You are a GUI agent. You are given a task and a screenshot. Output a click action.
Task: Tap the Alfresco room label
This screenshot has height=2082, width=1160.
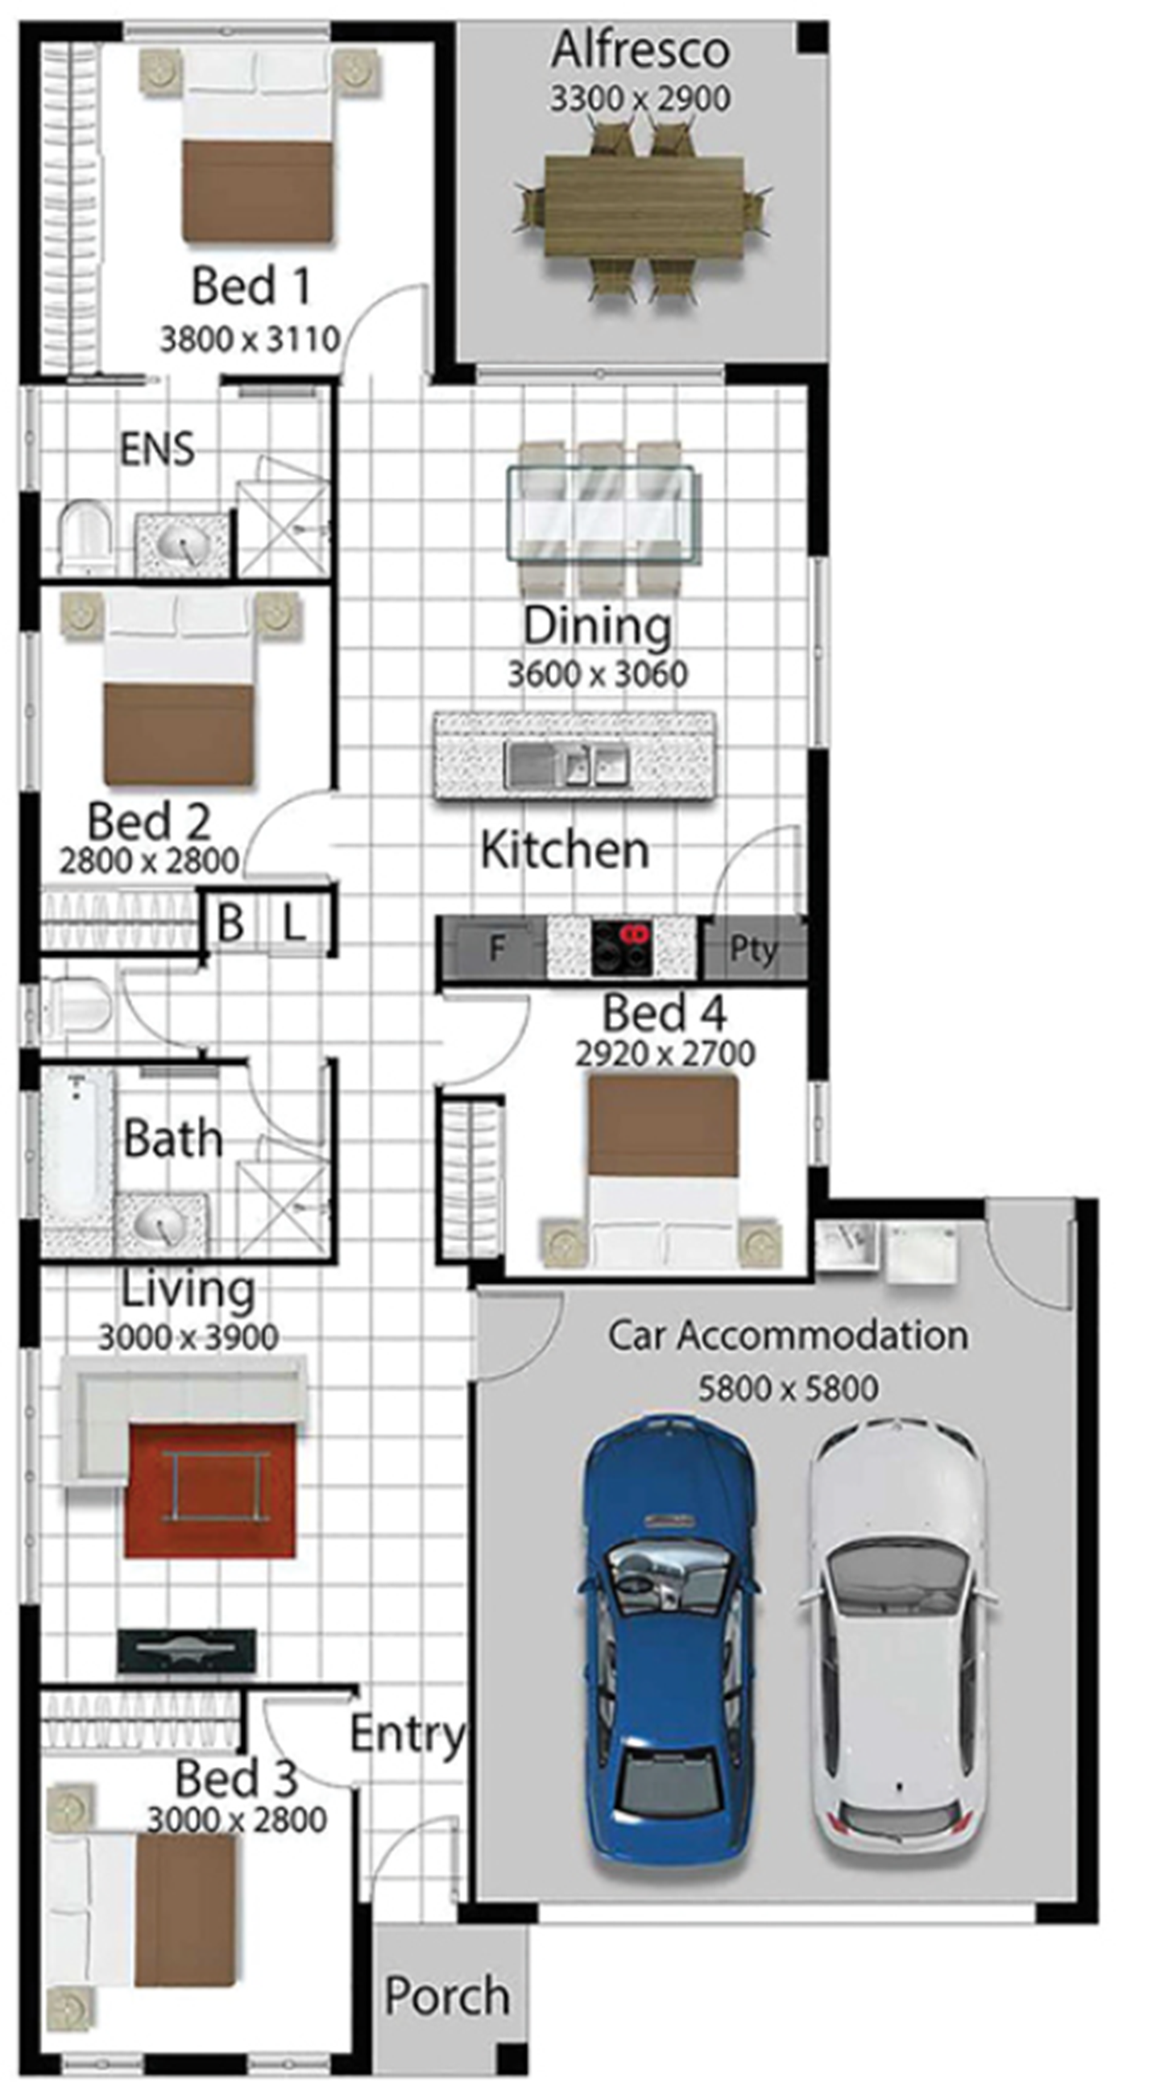pyautogui.click(x=640, y=50)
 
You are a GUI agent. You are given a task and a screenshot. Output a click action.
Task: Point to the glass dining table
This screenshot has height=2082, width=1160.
pyautogui.click(x=600, y=513)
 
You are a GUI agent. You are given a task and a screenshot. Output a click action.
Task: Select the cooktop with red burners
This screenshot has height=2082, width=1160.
pyautogui.click(x=620, y=947)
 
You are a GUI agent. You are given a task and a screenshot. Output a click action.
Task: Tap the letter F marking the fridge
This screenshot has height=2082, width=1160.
pyautogui.click(x=497, y=948)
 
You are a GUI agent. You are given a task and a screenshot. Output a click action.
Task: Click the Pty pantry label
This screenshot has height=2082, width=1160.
pyautogui.click(x=753, y=949)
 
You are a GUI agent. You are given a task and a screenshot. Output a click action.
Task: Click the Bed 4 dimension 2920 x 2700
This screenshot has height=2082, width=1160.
pyautogui.click(x=665, y=1053)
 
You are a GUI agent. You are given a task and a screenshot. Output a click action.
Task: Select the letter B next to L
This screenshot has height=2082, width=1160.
pyautogui.click(x=231, y=921)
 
